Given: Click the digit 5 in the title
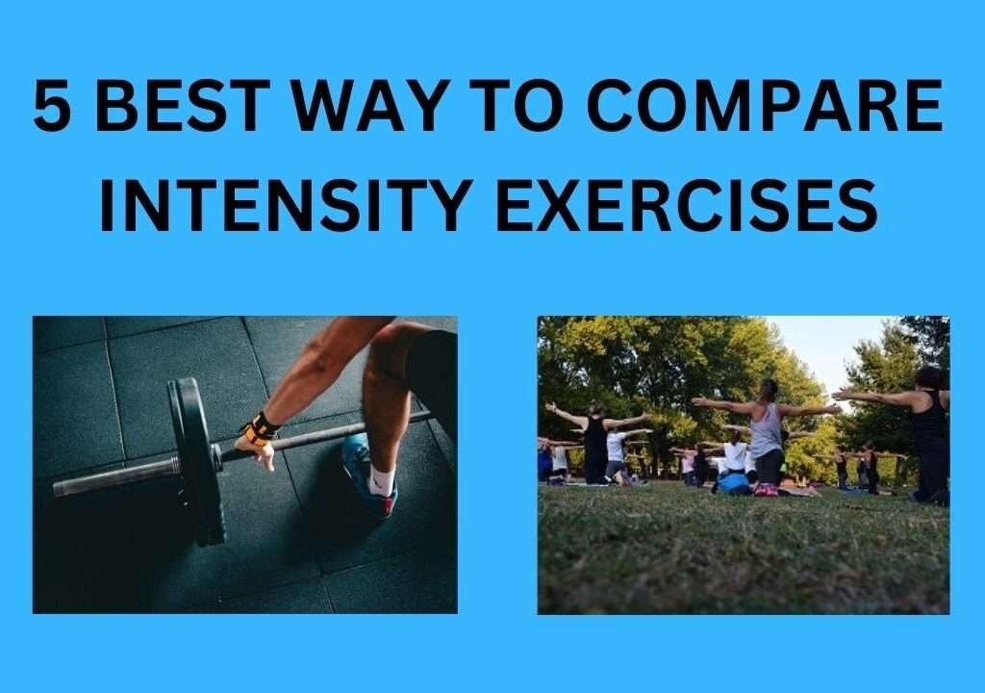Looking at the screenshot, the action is click(52, 106).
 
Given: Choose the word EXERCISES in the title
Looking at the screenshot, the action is click(687, 204).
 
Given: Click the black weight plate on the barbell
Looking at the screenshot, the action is click(197, 462).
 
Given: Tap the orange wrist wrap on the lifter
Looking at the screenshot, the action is click(260, 429).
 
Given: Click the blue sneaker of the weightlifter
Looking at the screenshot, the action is click(369, 473).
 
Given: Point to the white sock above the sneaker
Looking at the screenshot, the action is click(381, 479).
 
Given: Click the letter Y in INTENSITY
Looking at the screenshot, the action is click(448, 204).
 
